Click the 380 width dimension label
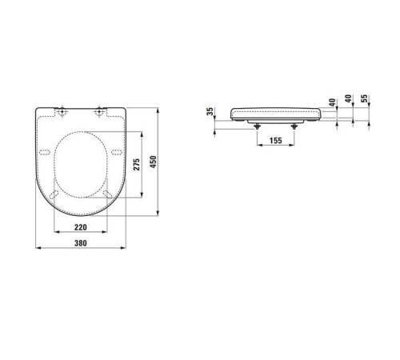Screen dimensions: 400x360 point(80,243)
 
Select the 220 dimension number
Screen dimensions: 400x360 point(80,227)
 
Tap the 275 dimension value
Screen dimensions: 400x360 point(137,165)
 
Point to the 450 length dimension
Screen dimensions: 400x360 point(153,162)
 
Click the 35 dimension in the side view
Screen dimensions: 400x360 point(210,111)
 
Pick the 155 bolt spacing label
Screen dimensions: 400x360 point(276,141)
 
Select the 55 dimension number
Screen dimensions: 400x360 point(364,98)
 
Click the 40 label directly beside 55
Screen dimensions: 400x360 point(348,98)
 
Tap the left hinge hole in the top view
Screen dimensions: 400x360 point(62,111)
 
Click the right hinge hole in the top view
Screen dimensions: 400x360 point(99,111)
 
